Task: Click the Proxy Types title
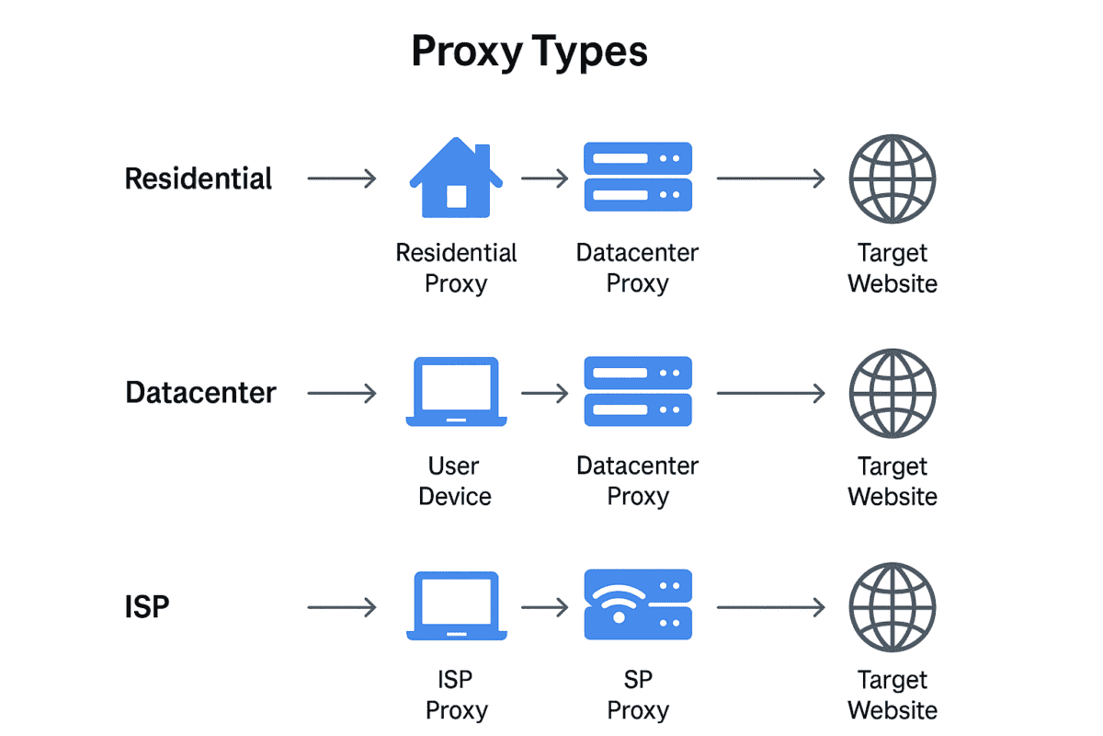[529, 52]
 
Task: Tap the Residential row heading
[199, 178]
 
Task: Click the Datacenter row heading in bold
[200, 393]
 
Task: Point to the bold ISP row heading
[147, 607]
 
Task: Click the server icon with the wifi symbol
[638, 604]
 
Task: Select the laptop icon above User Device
[456, 392]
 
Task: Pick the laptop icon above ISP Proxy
[456, 605]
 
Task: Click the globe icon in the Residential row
[892, 178]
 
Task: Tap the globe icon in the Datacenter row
[892, 393]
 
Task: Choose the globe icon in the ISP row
[892, 607]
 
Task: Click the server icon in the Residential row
[638, 178]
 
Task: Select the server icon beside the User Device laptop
[638, 392]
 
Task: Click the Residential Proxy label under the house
[456, 268]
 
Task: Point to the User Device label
[455, 481]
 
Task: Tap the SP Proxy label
[637, 695]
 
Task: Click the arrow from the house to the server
[544, 178]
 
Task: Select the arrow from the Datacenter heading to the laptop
[342, 394]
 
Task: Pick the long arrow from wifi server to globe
[770, 607]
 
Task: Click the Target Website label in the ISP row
[892, 695]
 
